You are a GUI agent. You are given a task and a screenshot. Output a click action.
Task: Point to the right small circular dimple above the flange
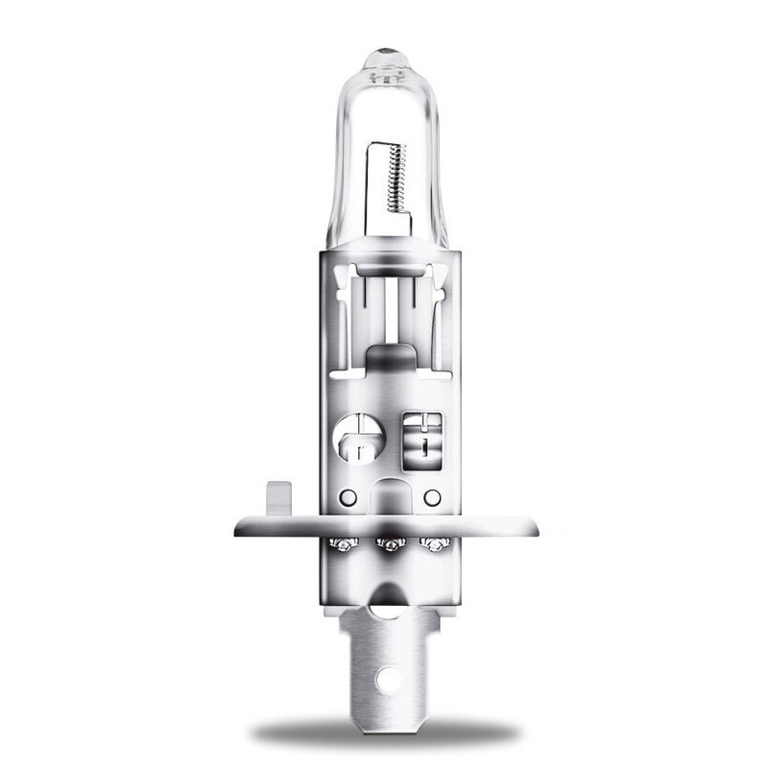430,497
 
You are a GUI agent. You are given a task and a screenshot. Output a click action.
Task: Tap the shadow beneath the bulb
384,734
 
